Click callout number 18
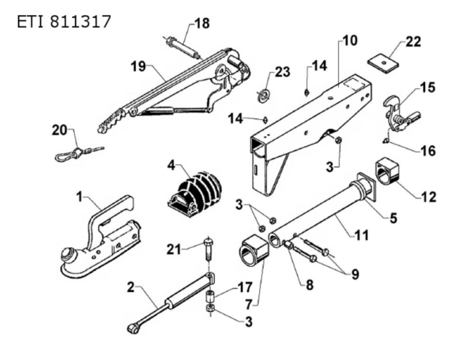pyautogui.click(x=202, y=24)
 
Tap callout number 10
pyautogui.click(x=349, y=39)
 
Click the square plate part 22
pyautogui.click(x=385, y=60)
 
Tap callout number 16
pyautogui.click(x=427, y=148)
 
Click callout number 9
pyautogui.click(x=354, y=275)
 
